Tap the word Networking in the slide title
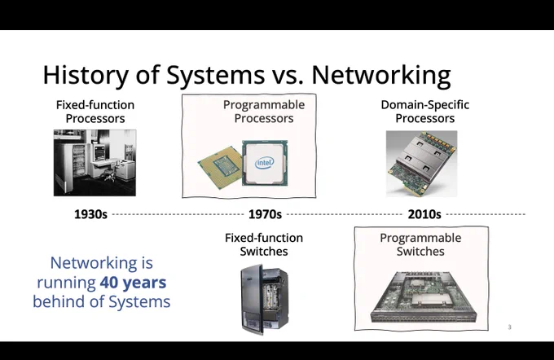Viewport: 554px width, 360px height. (381, 75)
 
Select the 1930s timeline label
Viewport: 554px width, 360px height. (90, 214)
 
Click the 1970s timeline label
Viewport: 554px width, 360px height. (265, 214)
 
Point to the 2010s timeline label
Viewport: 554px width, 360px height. (424, 214)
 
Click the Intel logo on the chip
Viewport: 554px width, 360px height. (264, 163)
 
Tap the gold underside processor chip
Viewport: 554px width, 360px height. (221, 168)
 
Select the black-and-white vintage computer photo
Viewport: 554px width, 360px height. (95, 163)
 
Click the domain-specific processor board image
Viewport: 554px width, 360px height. (421, 164)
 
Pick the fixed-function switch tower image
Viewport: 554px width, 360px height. (264, 300)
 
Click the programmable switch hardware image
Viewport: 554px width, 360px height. (424, 296)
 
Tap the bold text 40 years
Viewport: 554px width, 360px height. (133, 283)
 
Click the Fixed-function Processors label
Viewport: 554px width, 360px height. (95, 112)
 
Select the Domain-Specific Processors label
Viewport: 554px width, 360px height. (425, 112)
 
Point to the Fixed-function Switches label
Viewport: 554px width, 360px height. (264, 244)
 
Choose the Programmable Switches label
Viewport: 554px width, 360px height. (420, 244)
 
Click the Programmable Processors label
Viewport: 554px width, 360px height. (264, 112)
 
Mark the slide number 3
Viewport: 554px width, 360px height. (509, 327)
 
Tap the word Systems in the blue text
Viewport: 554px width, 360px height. (139, 301)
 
